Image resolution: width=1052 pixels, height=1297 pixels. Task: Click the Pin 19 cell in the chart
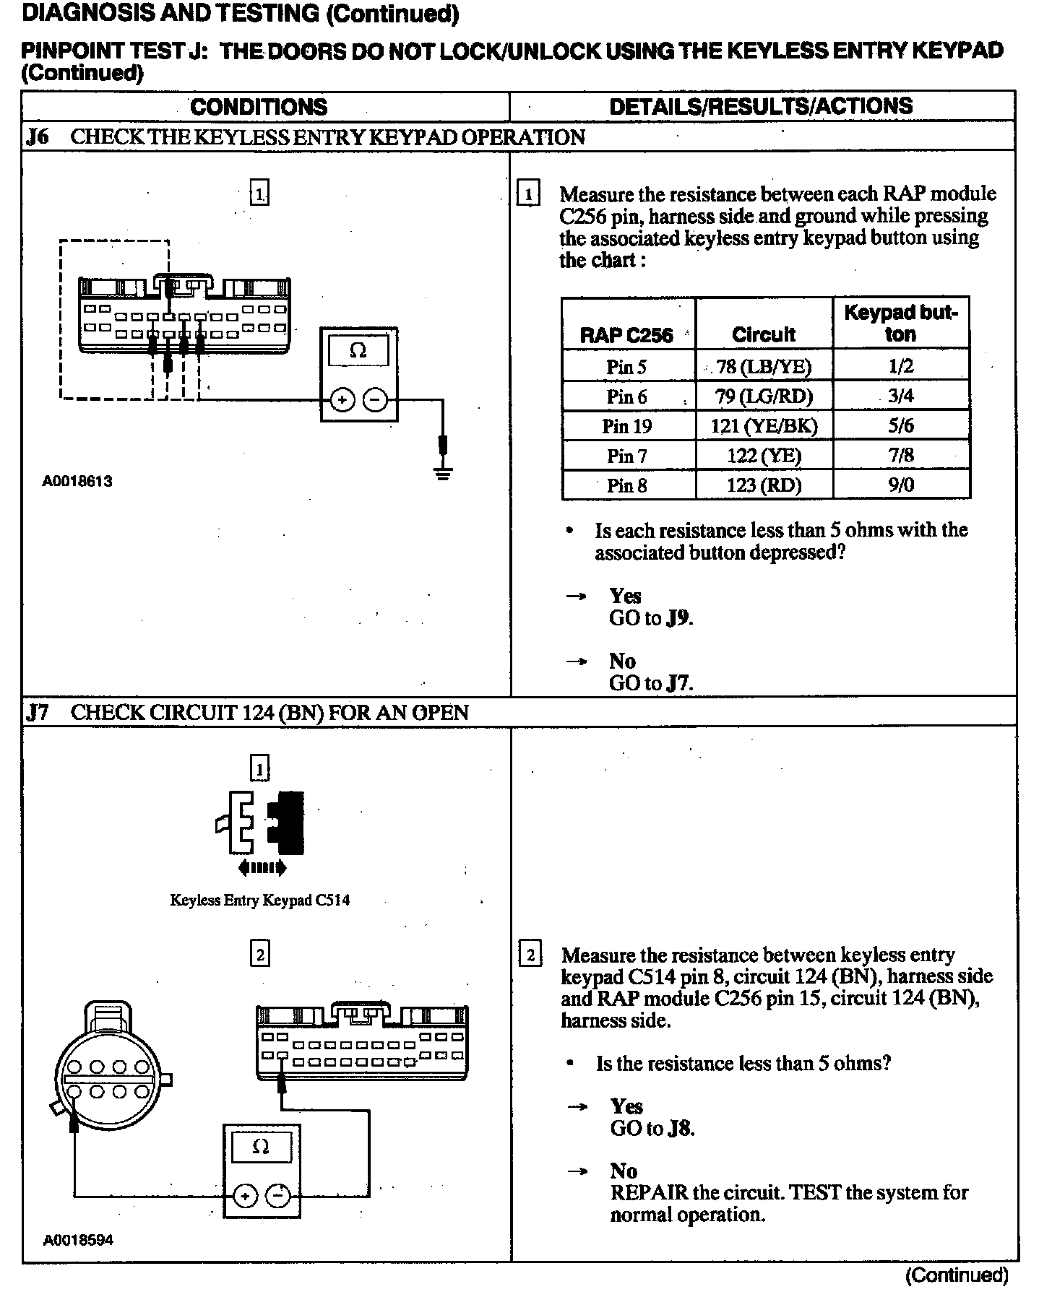(x=626, y=426)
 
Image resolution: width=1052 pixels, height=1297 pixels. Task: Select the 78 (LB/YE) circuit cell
(x=763, y=367)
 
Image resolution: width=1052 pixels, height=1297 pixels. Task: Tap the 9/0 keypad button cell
(x=900, y=485)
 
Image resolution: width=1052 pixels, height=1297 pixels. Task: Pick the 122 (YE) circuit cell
(x=763, y=456)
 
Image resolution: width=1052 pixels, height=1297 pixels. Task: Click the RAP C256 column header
(x=626, y=335)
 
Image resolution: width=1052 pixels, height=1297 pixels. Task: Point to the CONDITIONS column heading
(x=259, y=107)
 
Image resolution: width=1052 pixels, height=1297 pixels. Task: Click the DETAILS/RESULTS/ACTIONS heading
(x=761, y=107)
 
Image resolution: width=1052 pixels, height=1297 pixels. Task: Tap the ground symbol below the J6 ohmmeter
(x=444, y=474)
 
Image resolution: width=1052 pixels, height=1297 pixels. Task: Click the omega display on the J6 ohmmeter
(x=358, y=351)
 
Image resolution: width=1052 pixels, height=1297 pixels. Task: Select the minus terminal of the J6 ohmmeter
(x=375, y=399)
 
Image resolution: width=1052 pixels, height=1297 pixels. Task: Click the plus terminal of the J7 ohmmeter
(x=246, y=1196)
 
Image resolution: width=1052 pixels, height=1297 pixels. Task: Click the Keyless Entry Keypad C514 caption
(x=260, y=900)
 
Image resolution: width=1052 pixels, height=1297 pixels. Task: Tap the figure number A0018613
(x=77, y=481)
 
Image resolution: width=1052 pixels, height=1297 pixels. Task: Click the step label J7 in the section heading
(x=38, y=713)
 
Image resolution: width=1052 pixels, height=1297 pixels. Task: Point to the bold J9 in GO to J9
(x=678, y=618)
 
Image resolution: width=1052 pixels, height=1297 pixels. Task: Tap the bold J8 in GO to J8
(x=680, y=1128)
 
